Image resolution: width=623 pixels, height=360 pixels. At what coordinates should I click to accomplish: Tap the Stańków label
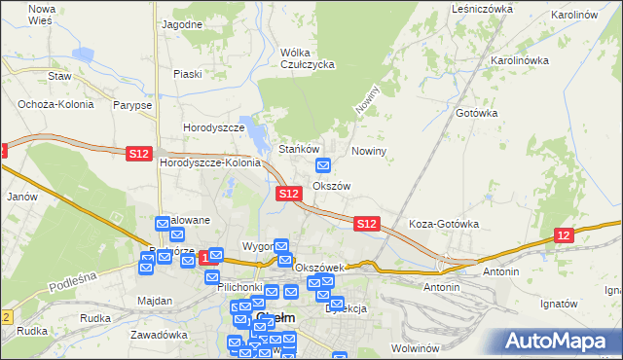pyautogui.click(x=300, y=149)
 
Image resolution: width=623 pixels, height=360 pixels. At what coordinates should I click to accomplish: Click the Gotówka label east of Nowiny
pyautogui.click(x=477, y=113)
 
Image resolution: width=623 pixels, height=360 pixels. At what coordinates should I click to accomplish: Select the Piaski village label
pyautogui.click(x=187, y=73)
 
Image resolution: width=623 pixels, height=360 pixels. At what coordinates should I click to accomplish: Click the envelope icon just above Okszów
pyautogui.click(x=324, y=165)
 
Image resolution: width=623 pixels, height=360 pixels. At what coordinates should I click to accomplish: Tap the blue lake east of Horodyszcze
pyautogui.click(x=255, y=134)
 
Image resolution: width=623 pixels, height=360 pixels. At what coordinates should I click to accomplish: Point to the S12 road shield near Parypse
pyautogui.click(x=138, y=153)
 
